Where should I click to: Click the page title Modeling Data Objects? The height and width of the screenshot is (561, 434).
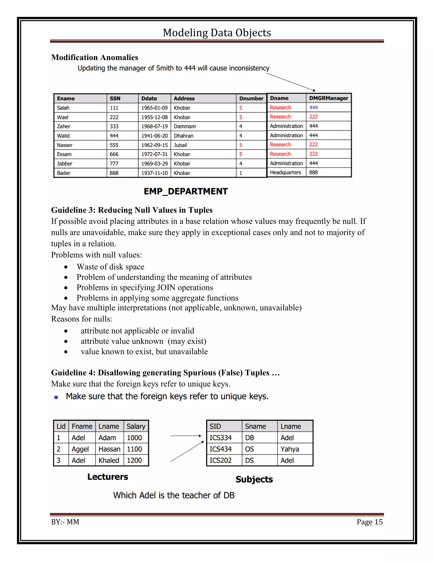click(217, 33)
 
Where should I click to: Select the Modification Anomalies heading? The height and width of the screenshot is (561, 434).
click(95, 57)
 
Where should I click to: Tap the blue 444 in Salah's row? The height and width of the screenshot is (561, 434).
click(313, 108)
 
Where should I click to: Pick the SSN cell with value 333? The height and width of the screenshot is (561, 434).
click(114, 126)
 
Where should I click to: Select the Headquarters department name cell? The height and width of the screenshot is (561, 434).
click(285, 173)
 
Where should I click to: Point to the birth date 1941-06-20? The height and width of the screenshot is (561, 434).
click(154, 136)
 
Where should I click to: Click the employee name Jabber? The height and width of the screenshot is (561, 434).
click(65, 164)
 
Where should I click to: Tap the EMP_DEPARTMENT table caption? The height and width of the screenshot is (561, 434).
click(186, 191)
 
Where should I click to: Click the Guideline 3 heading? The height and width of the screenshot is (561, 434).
click(132, 210)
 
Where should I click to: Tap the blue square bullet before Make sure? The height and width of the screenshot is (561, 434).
click(56, 397)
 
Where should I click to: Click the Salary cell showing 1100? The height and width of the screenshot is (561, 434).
click(134, 449)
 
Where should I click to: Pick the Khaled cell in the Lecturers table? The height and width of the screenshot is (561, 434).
click(108, 460)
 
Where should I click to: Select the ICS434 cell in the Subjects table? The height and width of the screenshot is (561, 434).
click(220, 449)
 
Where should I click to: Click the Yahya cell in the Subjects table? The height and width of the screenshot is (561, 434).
click(289, 449)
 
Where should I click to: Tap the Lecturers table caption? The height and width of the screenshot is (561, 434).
click(107, 477)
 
